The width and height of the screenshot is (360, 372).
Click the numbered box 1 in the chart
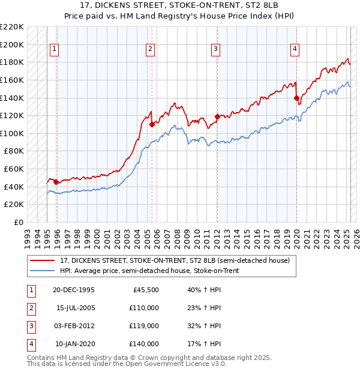click(x=55, y=50)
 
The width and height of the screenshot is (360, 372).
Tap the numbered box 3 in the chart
click(x=215, y=50)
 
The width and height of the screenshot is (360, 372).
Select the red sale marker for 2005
click(x=152, y=124)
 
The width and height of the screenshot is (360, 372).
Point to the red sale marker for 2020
click(x=296, y=98)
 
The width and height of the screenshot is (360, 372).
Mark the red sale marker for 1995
click(x=56, y=182)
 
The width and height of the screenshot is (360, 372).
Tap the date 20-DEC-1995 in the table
click(x=73, y=290)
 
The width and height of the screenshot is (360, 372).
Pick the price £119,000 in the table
click(x=145, y=326)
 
